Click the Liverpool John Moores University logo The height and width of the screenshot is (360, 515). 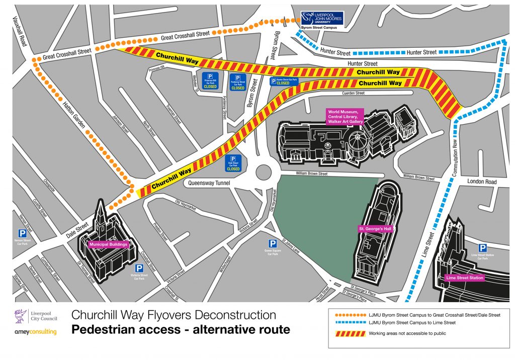(322, 19)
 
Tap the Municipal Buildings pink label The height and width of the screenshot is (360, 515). (109, 245)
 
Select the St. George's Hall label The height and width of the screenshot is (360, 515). (375, 229)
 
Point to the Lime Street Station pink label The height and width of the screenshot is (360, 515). (465, 278)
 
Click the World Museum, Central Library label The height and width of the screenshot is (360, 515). (345, 116)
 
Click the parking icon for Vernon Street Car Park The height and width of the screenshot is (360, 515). (23, 233)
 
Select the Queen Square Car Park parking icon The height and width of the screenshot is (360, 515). (273, 243)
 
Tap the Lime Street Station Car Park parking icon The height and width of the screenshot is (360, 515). (482, 248)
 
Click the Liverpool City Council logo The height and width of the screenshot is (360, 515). (36, 316)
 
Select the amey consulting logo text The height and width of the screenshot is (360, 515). (36, 332)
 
